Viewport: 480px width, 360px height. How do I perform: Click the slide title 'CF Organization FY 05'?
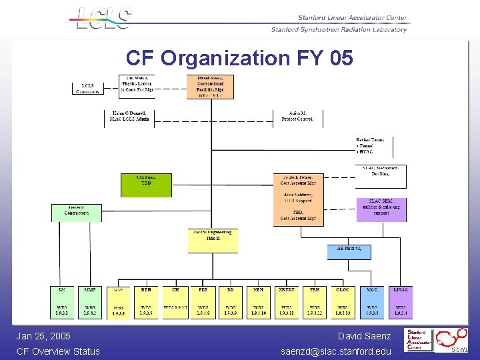pyautogui.click(x=239, y=59)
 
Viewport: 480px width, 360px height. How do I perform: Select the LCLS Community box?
pyautogui.click(x=87, y=88)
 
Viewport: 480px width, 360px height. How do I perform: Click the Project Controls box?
pyautogui.click(x=297, y=117)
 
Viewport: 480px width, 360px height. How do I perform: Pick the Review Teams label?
pyautogui.click(x=370, y=145)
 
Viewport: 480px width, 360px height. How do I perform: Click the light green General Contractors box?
pyautogui.click(x=77, y=213)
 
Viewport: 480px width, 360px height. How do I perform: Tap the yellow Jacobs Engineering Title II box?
pyautogui.click(x=213, y=241)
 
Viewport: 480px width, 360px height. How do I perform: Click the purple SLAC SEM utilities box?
pyautogui.click(x=381, y=209)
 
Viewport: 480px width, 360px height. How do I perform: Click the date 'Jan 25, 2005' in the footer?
pyautogui.click(x=43, y=336)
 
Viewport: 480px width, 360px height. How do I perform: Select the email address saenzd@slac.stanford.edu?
pyautogui.click(x=336, y=351)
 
